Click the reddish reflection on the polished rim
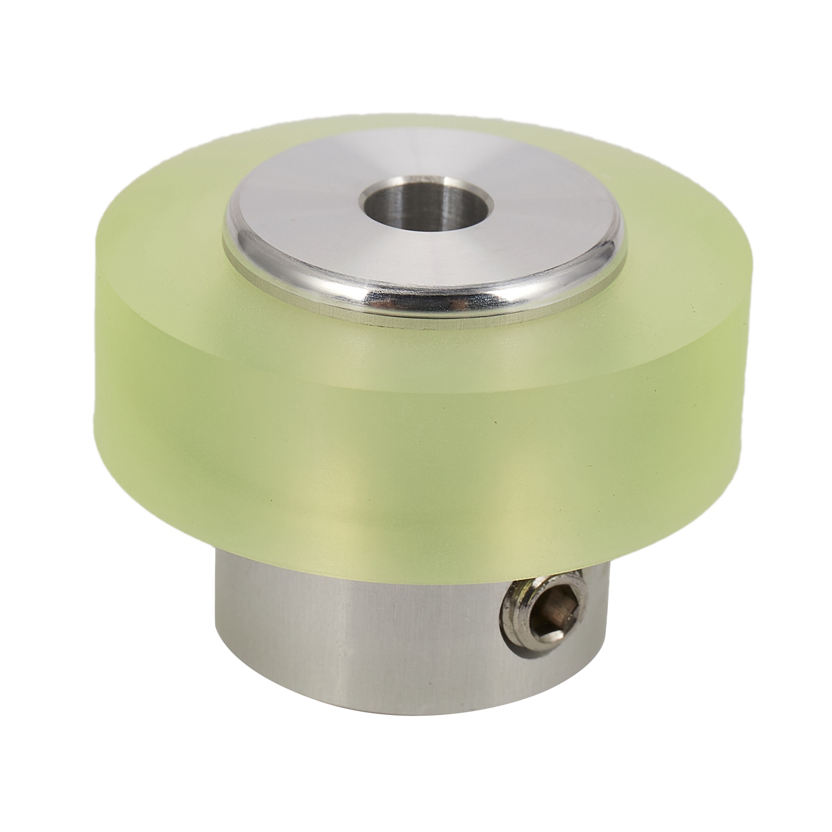point(460,303)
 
